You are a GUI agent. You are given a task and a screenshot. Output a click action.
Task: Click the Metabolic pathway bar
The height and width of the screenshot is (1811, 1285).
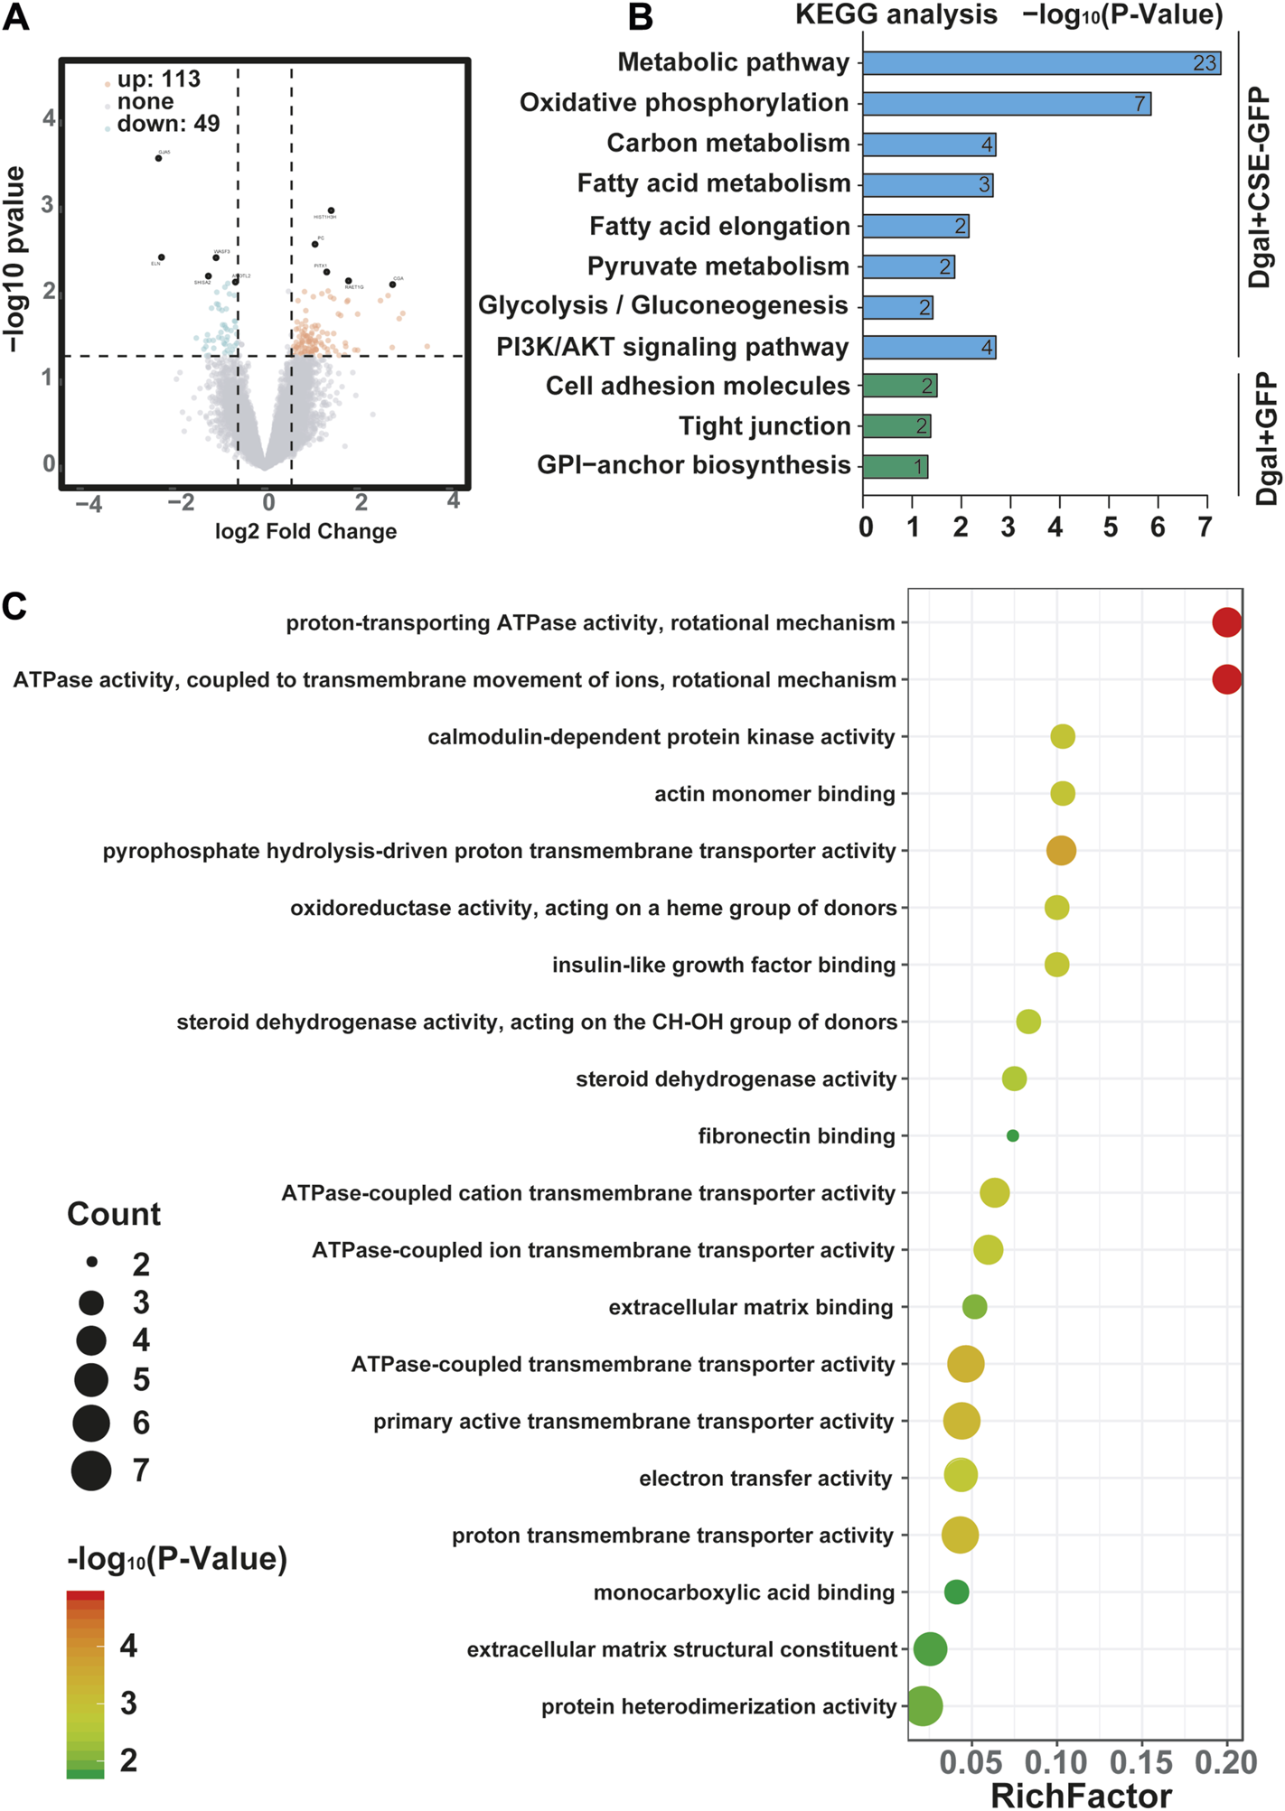(x=1041, y=62)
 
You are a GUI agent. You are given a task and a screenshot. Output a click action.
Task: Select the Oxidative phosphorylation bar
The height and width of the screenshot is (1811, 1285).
(x=1006, y=103)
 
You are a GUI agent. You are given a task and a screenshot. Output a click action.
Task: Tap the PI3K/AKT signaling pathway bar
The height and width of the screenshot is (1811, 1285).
(x=929, y=347)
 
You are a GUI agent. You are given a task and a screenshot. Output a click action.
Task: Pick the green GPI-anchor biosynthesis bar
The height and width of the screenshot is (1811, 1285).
(x=895, y=466)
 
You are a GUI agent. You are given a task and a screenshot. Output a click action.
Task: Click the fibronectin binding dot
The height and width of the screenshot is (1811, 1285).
(x=1012, y=1135)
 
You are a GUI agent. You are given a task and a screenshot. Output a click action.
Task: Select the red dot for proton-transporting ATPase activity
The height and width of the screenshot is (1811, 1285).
(x=1226, y=622)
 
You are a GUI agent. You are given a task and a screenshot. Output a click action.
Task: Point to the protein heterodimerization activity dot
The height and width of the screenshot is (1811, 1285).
(x=923, y=1706)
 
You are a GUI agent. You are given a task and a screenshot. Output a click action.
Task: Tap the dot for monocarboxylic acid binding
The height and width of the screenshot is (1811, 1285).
(x=956, y=1592)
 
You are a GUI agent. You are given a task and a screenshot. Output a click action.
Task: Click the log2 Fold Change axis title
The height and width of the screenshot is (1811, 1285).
(x=305, y=531)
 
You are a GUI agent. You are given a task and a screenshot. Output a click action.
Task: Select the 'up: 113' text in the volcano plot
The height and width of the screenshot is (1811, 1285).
(x=158, y=79)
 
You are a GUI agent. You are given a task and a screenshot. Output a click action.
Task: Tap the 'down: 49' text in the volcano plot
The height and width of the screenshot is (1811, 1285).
(x=168, y=124)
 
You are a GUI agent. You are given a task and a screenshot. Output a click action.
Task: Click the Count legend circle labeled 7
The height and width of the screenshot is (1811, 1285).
(x=91, y=1470)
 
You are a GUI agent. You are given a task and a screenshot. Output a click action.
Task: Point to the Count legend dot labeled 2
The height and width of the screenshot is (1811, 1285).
(x=91, y=1261)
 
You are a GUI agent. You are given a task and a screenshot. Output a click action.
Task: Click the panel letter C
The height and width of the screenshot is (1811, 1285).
(x=14, y=607)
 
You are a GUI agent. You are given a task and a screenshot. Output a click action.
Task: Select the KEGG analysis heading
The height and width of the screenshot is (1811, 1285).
(x=896, y=14)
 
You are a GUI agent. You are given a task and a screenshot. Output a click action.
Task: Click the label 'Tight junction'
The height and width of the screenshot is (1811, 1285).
(x=764, y=425)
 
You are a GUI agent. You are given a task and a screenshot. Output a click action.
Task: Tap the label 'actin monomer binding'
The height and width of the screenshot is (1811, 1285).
(x=774, y=794)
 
